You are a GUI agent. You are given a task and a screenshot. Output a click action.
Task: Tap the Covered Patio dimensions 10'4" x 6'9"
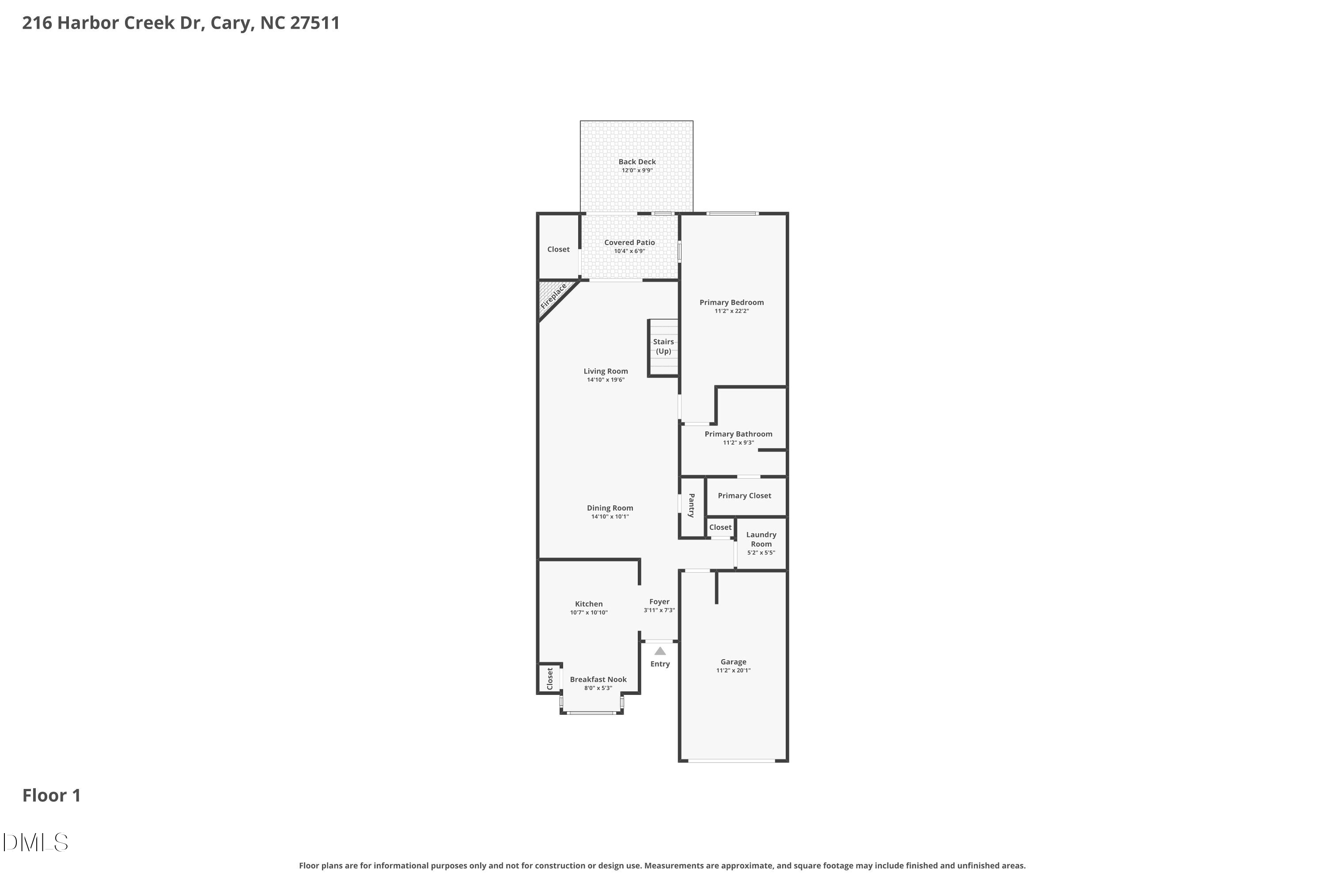[x=629, y=251]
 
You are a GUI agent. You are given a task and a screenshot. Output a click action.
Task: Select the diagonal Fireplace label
[x=553, y=296]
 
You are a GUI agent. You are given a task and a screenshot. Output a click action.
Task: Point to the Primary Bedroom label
[x=731, y=302]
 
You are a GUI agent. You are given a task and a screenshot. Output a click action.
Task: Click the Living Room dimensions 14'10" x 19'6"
[x=606, y=380]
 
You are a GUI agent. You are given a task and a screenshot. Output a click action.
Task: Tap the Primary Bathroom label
[x=738, y=434]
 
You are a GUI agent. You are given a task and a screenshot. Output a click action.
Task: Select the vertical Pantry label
[x=692, y=505]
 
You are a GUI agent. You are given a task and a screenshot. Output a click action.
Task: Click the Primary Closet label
[x=744, y=495]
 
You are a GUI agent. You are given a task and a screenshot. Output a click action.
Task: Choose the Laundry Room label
[x=761, y=540]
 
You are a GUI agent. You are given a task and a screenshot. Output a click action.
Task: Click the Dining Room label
[x=609, y=508]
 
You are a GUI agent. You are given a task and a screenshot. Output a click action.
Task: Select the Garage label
[x=733, y=662]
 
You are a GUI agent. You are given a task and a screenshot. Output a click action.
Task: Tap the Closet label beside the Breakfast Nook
[x=550, y=679]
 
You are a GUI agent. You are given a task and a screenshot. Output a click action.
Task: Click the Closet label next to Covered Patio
[x=558, y=249]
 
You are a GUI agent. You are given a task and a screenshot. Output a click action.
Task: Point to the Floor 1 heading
[x=51, y=795]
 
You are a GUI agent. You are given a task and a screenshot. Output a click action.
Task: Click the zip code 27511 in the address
[x=315, y=23]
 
